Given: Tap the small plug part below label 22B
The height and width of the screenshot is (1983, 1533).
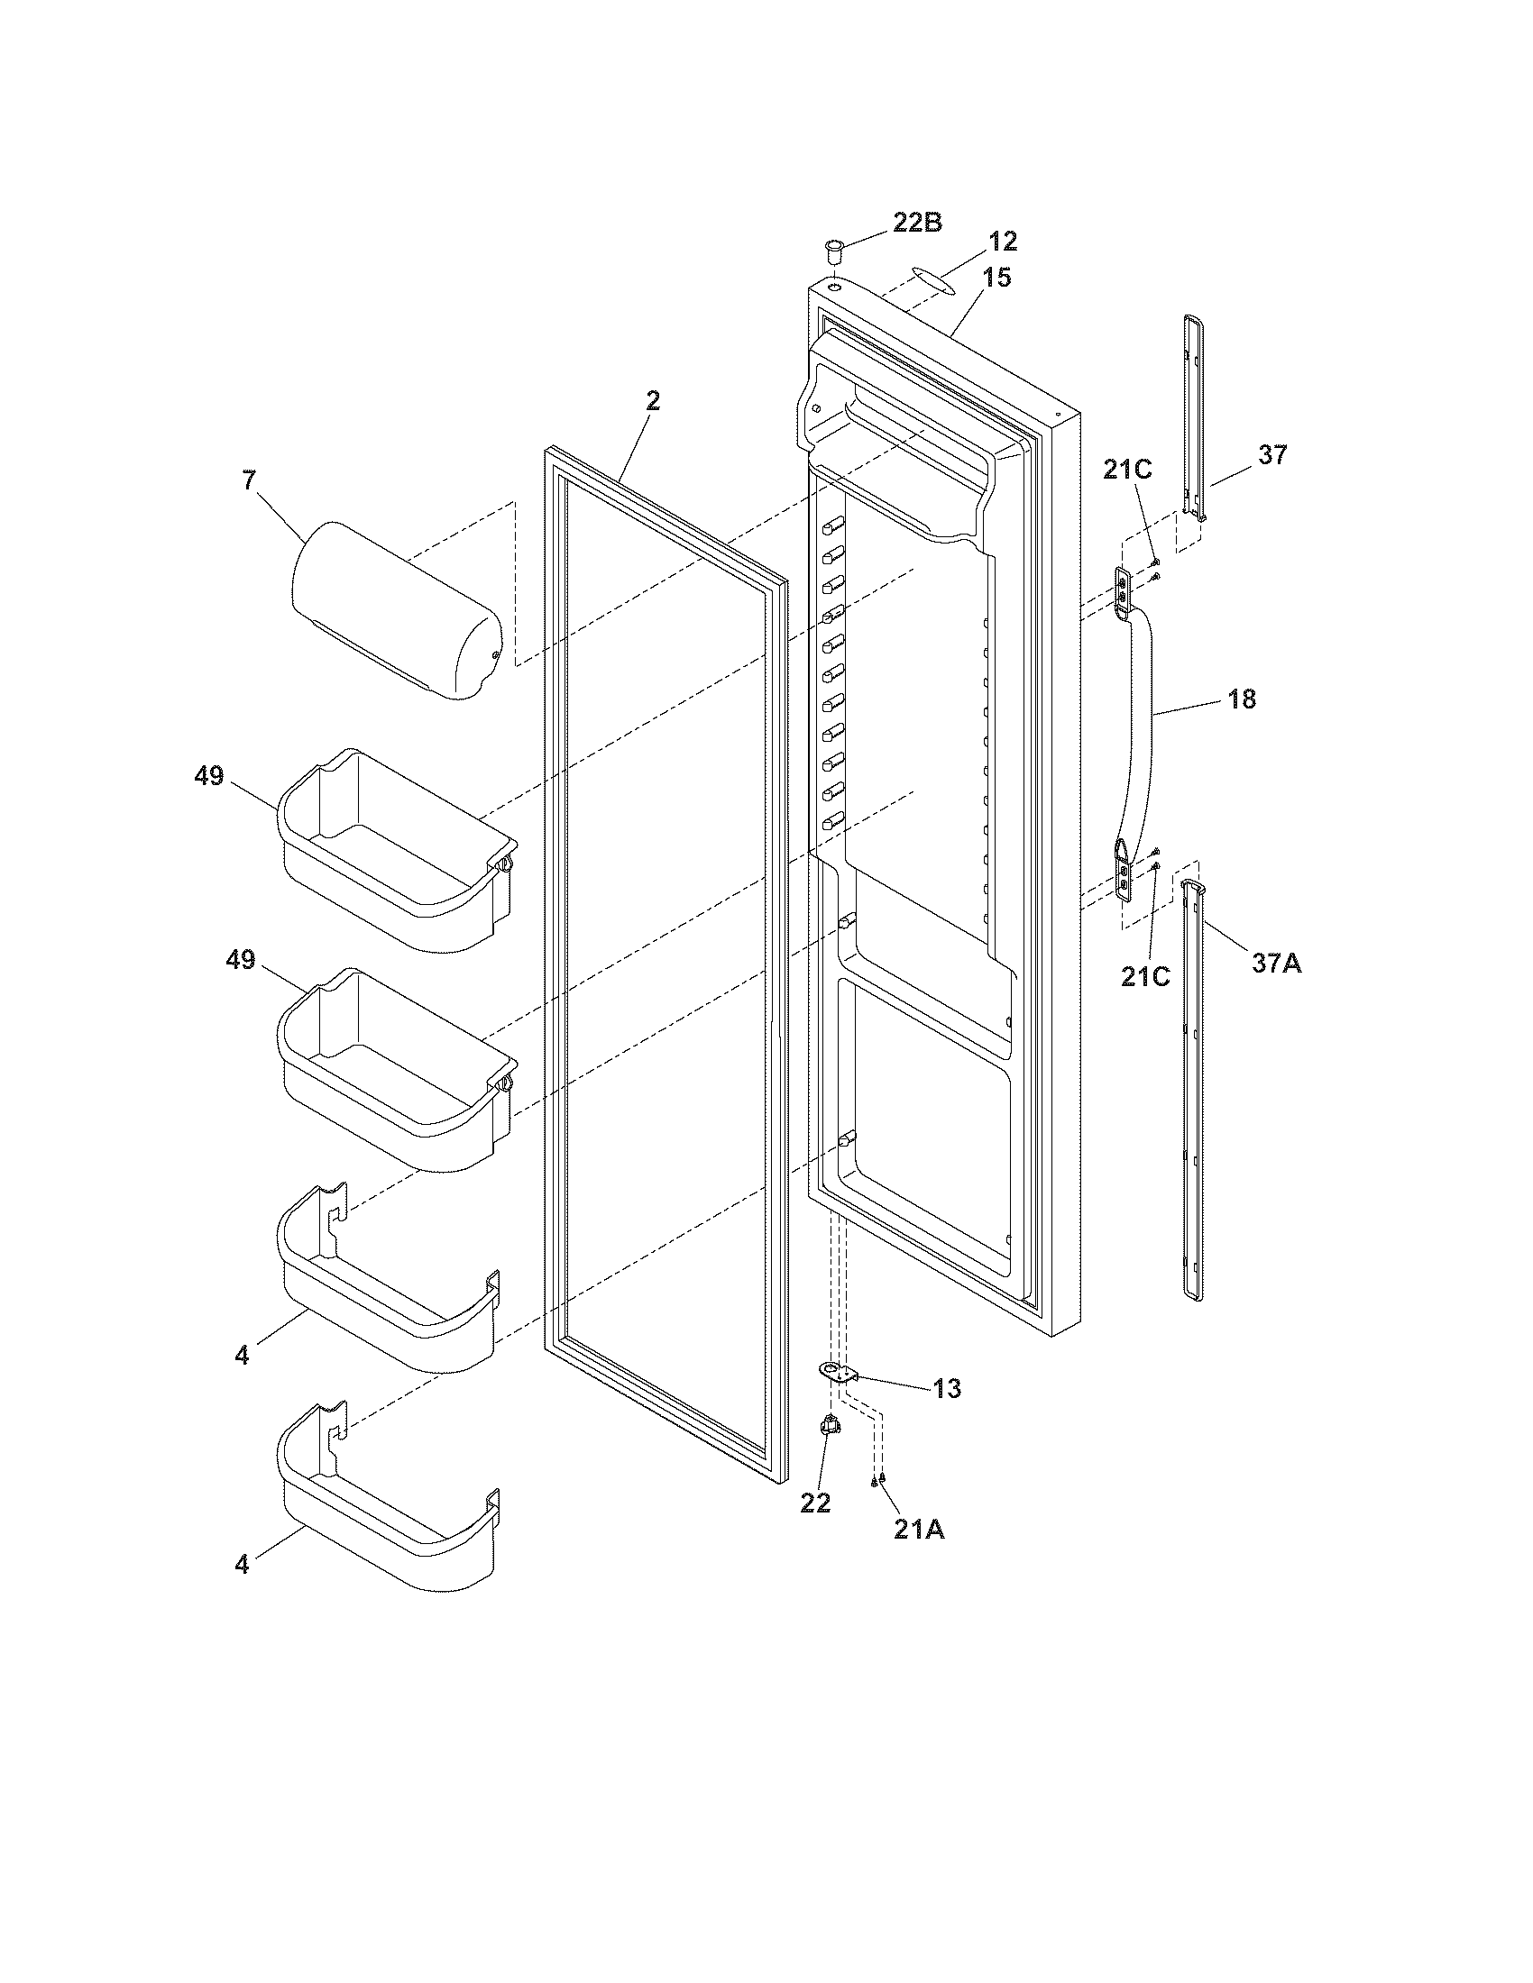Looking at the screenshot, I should pos(833,247).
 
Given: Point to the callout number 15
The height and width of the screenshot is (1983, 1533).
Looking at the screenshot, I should pos(996,277).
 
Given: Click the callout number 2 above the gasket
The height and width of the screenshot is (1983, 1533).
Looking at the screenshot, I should pos(653,401).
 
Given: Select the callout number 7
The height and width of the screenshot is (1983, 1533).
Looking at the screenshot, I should pos(249,480).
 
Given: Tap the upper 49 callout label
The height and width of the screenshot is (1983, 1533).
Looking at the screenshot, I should pos(209,777).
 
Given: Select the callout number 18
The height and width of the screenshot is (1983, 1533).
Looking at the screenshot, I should pos(1242,699).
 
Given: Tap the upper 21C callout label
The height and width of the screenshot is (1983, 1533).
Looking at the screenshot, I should pos(1127,470).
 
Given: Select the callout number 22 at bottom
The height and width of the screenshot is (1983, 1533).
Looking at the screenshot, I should pos(815,1503).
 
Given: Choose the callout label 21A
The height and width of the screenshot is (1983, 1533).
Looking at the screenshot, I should pos(919,1529).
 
